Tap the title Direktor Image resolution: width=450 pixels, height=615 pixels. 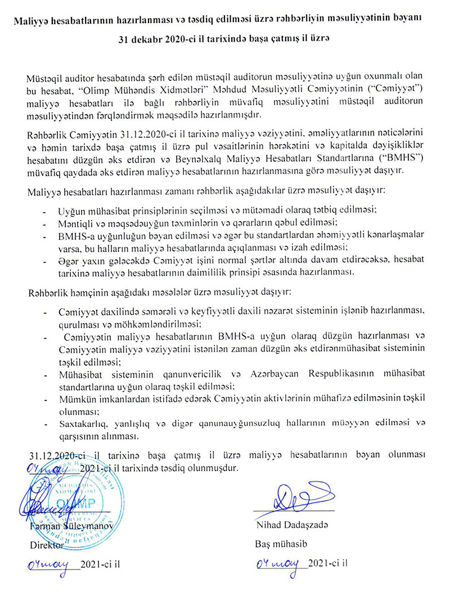click(48, 545)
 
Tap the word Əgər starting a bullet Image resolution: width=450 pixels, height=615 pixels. click(68, 261)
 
